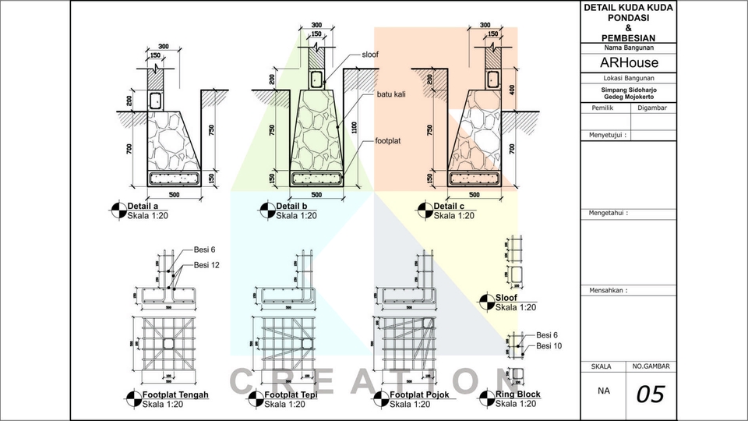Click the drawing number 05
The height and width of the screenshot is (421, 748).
click(x=651, y=394)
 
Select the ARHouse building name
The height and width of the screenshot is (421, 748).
click(x=628, y=62)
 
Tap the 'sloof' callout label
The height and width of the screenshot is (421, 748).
click(x=371, y=55)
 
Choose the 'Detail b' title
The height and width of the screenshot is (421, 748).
click(x=293, y=206)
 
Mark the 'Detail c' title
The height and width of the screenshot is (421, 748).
click(x=450, y=206)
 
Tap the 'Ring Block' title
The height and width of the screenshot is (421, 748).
click(x=518, y=394)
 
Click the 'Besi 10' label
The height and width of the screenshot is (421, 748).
click(x=549, y=345)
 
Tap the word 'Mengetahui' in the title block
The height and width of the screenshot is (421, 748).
click(x=608, y=212)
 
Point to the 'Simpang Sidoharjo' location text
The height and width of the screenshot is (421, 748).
click(x=628, y=90)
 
